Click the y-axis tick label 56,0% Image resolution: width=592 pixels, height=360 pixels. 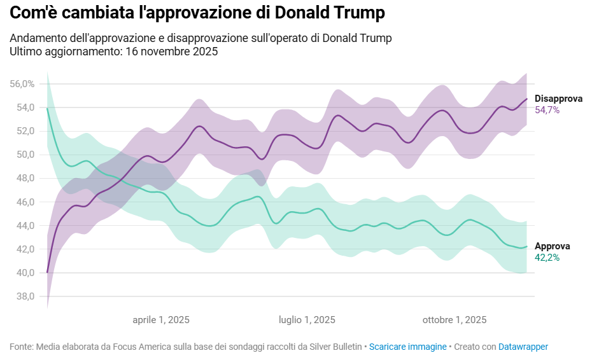tap(22, 84)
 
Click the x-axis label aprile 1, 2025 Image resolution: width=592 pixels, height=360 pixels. tap(161, 320)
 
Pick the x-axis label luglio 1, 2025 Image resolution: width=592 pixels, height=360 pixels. tap(307, 320)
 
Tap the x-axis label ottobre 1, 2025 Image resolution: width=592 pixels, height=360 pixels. tap(455, 320)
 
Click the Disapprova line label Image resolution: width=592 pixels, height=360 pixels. tap(558, 99)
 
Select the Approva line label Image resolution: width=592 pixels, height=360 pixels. tap(553, 246)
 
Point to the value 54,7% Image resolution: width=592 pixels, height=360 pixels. tap(547, 110)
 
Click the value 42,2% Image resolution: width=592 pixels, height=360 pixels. tap(547, 258)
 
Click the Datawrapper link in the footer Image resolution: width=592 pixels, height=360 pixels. tap(523, 347)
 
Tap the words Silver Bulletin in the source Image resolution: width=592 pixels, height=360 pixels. tap(337, 347)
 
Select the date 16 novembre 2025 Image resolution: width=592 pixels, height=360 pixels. tap(169, 52)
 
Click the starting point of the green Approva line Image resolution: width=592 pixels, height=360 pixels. tap(48, 109)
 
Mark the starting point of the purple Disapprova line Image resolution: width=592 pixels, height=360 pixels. tap(48, 272)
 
